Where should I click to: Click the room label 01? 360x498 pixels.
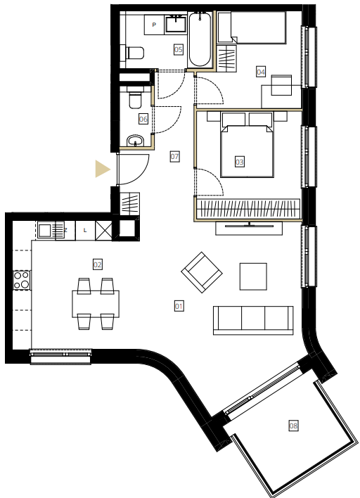coord(179,306)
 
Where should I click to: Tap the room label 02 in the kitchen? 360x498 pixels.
coord(98,264)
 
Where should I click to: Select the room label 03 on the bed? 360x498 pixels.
coord(240,162)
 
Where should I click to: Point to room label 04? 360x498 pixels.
coord(261,72)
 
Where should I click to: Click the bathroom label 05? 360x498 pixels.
coord(179,49)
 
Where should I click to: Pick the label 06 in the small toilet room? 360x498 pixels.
coord(143,119)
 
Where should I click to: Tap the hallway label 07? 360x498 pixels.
coord(174,156)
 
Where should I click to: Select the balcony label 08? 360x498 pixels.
coord(294,425)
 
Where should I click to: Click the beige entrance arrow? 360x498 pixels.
coord(101,169)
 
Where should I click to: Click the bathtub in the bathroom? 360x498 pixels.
coord(200,39)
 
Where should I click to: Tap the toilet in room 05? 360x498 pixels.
coord(134,53)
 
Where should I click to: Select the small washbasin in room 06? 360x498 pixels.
coord(136,141)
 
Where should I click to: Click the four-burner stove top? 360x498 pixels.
coord(22,280)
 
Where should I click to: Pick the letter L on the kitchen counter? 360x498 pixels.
coord(85,230)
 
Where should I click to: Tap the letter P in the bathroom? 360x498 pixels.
coord(154,25)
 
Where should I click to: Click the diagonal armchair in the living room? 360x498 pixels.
coord(202,272)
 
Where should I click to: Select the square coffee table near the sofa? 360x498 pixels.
coord(253,276)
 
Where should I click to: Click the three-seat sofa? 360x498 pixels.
coord(253,320)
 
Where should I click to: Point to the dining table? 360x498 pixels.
coord(96,304)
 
